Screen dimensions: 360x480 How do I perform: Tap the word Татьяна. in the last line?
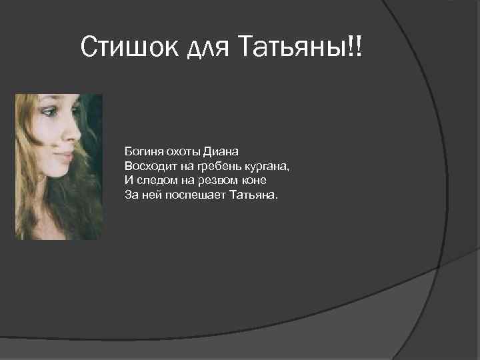click(x=256, y=195)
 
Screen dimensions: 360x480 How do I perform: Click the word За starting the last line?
click(x=131, y=195)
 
